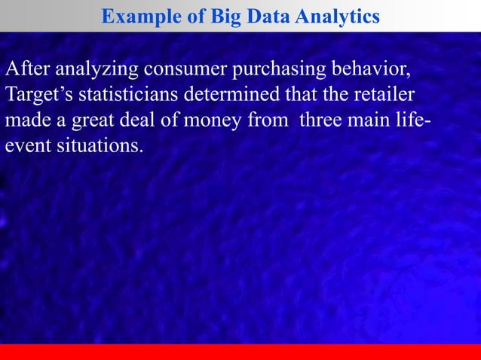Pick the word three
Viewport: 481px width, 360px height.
tap(323, 121)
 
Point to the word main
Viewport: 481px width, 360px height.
tap(376, 121)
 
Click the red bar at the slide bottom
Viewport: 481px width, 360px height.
tap(240, 352)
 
